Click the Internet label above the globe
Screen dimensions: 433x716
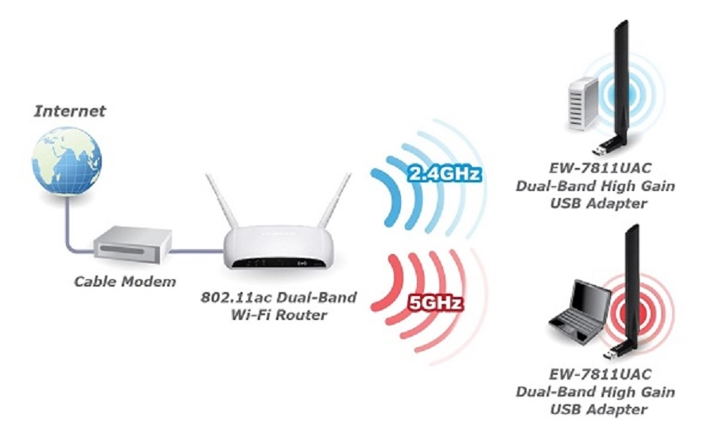coord(69,111)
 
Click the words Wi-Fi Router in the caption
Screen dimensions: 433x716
coord(275,315)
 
